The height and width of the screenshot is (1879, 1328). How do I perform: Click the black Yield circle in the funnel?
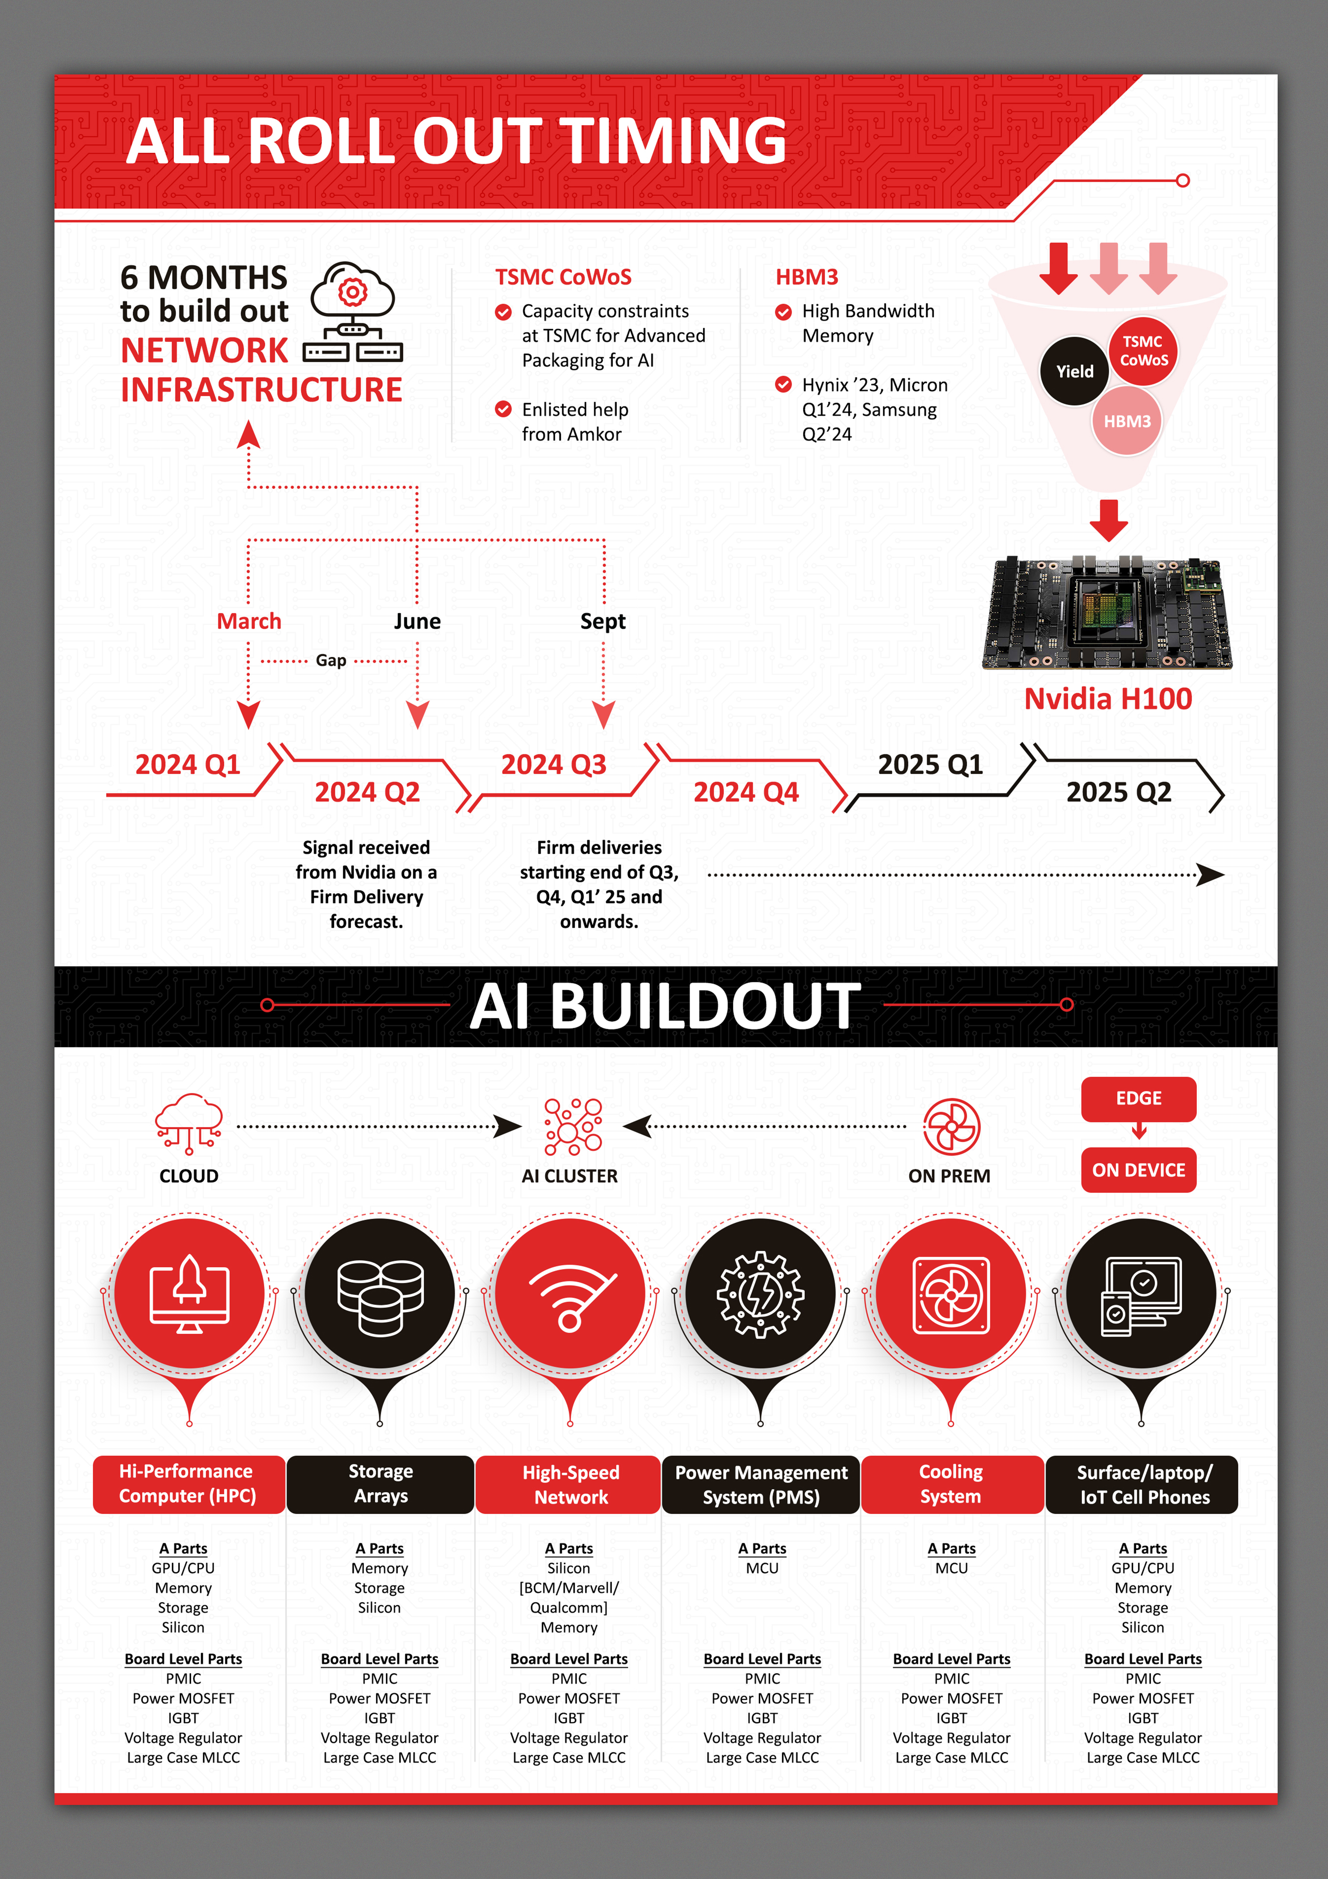tap(1074, 372)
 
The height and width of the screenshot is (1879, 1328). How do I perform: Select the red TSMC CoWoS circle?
tap(1143, 351)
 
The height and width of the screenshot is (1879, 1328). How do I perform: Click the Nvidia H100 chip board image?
tap(1107, 613)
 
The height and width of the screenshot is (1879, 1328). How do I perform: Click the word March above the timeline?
tap(249, 621)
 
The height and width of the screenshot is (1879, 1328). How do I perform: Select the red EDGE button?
tap(1138, 1098)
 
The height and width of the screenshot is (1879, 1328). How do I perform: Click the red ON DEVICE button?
tap(1138, 1170)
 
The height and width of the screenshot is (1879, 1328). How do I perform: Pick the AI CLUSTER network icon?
tap(573, 1127)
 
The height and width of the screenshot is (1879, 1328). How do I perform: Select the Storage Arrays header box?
tap(381, 1484)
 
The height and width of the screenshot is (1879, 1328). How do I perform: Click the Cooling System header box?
tap(951, 1484)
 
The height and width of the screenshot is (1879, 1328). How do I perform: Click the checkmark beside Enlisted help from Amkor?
tap(503, 409)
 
